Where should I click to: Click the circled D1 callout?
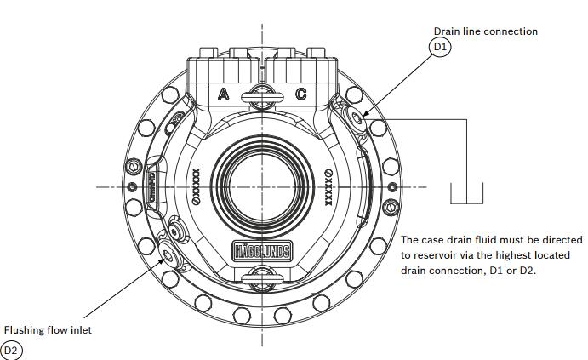(x=439, y=48)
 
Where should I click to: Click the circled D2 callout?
(x=11, y=349)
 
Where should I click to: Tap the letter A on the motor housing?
(x=223, y=94)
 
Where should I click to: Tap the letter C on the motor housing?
(x=300, y=94)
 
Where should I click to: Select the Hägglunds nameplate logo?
(x=261, y=251)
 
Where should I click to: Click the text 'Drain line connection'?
(x=485, y=31)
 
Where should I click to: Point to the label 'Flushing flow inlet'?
(x=48, y=330)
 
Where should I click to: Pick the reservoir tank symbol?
(x=466, y=195)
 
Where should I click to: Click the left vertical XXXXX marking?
(x=196, y=186)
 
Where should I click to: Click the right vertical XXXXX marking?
(x=328, y=186)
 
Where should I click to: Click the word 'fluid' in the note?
(x=488, y=240)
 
